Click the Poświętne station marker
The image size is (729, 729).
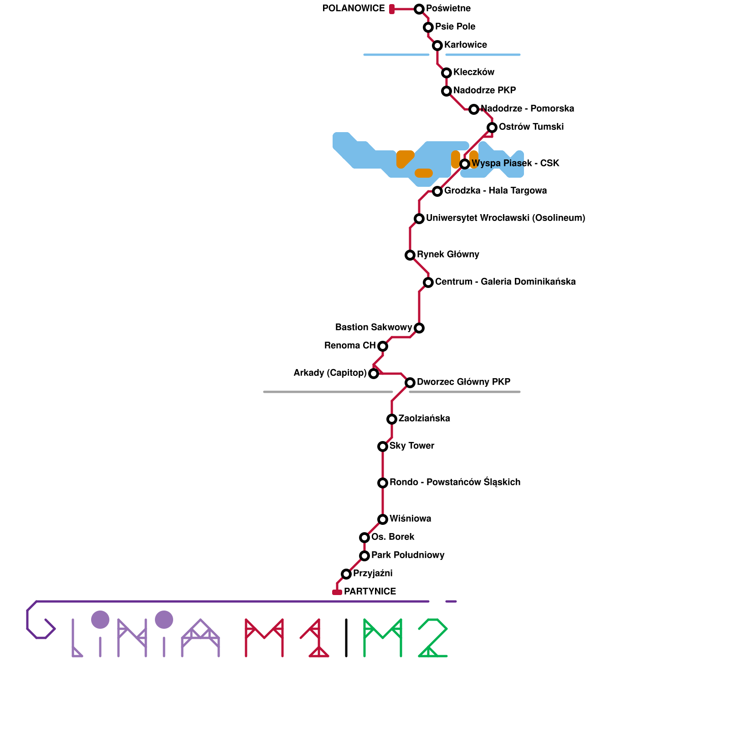(x=419, y=9)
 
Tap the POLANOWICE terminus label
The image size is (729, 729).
(x=354, y=9)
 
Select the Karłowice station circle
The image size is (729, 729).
(x=437, y=45)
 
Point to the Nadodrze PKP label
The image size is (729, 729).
(x=484, y=91)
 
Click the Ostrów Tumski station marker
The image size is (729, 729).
(x=492, y=127)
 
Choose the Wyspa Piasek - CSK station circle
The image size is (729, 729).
(x=465, y=164)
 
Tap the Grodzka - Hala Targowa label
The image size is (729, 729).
(x=495, y=191)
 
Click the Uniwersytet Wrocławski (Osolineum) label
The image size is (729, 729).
(x=505, y=218)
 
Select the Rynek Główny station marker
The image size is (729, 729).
(x=410, y=255)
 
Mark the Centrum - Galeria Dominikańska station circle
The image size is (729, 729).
(x=428, y=282)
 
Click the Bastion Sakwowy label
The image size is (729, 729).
(x=374, y=328)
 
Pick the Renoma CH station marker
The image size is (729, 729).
(x=383, y=346)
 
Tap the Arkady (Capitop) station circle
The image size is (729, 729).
(x=374, y=374)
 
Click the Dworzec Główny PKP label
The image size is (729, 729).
(x=463, y=382)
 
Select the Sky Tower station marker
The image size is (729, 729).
(x=383, y=446)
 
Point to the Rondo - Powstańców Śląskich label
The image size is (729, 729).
(x=455, y=483)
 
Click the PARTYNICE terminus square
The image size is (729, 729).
(x=337, y=592)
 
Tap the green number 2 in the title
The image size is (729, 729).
(x=433, y=638)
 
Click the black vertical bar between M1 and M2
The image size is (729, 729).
(x=346, y=638)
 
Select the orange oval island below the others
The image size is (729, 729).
(x=424, y=173)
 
